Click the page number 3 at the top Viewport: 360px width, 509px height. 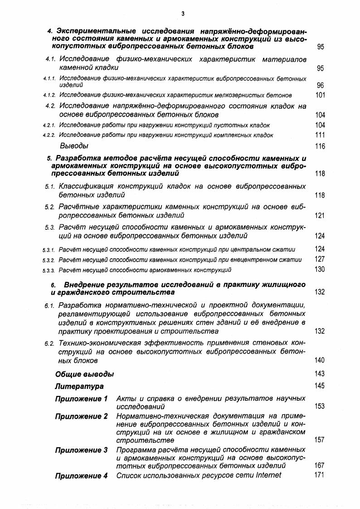pos(182,14)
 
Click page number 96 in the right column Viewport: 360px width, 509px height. pos(321,85)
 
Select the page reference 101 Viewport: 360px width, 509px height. pos(320,95)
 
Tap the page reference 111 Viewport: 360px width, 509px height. pos(320,135)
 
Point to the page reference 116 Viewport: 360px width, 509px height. pos(320,146)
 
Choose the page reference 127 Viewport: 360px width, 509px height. pos(320,259)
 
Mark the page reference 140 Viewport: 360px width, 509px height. pos(320,360)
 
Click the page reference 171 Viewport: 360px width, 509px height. pos(320,475)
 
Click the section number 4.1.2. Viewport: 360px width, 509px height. pos(49,96)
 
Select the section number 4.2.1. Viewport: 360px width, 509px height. pos(49,125)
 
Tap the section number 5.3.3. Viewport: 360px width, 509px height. pos(49,270)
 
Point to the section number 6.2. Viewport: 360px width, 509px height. pos(50,343)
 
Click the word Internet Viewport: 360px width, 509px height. pos(268,475)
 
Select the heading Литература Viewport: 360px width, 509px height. pos(79,387)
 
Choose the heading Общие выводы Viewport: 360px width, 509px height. pos(85,374)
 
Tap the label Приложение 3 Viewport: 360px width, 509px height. pos(81,450)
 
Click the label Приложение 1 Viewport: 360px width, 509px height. pos(81,399)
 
